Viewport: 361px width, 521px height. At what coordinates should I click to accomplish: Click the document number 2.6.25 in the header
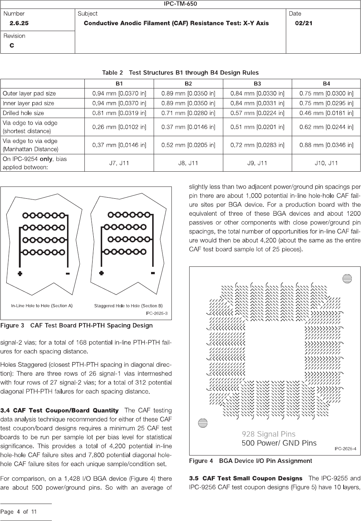(x=19, y=23)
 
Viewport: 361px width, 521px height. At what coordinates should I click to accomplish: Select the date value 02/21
(x=304, y=23)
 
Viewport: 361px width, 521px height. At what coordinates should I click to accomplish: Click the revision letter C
(x=12, y=46)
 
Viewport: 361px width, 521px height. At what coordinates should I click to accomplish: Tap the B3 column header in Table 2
(x=257, y=84)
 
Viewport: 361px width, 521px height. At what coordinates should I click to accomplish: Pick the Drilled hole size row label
(x=23, y=113)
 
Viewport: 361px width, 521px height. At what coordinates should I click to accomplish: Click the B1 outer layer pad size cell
(x=119, y=93)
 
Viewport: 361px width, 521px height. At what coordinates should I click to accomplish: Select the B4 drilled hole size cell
(x=326, y=113)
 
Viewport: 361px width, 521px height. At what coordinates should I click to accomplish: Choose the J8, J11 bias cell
(x=188, y=163)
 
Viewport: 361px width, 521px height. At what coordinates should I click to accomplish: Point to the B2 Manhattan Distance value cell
(x=188, y=145)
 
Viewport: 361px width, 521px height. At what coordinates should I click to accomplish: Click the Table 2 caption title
(x=180, y=73)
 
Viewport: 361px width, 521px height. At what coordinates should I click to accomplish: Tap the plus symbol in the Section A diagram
(x=20, y=273)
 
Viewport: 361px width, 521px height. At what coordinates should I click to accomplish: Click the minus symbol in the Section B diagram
(x=153, y=273)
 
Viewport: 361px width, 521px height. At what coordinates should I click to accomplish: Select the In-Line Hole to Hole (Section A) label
(x=41, y=306)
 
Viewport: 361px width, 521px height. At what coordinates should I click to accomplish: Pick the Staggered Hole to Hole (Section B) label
(x=128, y=306)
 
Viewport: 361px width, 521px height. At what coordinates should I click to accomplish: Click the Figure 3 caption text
(x=77, y=326)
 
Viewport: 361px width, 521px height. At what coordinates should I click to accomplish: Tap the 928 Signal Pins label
(x=268, y=434)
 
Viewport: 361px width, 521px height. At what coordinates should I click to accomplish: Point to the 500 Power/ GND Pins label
(x=279, y=443)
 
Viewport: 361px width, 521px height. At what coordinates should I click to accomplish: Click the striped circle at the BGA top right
(x=347, y=279)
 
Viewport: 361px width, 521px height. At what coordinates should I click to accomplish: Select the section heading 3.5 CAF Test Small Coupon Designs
(x=245, y=478)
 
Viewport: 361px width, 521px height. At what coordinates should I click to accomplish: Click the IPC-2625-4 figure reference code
(x=345, y=449)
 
